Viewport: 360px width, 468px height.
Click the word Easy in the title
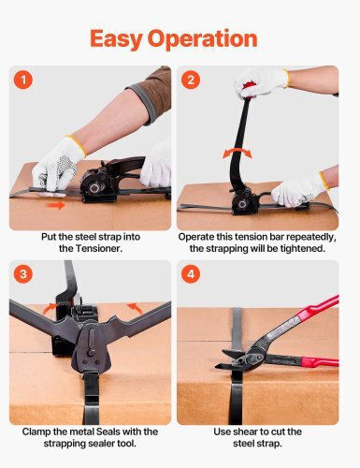[x=116, y=38]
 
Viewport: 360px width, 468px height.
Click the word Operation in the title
[x=203, y=39]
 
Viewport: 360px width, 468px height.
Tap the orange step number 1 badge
[x=23, y=80]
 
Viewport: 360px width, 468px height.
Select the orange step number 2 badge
[x=191, y=80]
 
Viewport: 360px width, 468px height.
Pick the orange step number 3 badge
[x=23, y=274]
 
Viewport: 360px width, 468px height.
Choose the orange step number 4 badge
[x=191, y=274]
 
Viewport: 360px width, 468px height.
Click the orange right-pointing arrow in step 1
[x=56, y=205]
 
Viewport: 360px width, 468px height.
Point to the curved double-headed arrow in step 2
[x=237, y=152]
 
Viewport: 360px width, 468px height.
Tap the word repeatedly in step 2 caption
[x=311, y=237]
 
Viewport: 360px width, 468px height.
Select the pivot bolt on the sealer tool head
[x=91, y=353]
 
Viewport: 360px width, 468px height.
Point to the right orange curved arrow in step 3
[x=135, y=308]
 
